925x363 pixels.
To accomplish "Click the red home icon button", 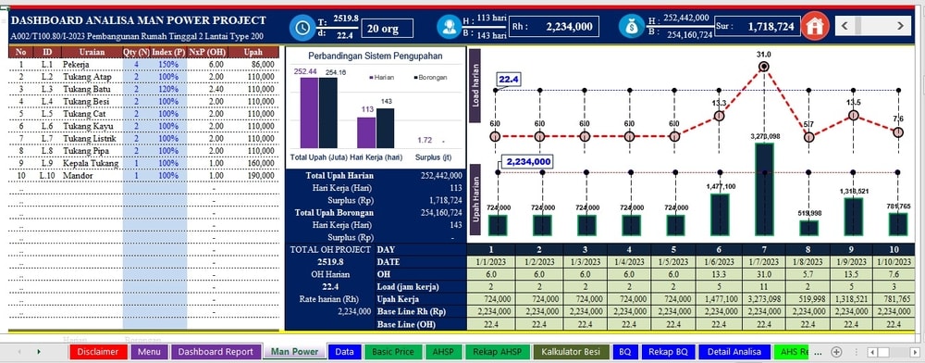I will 815,26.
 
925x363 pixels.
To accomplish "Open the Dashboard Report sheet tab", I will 215,352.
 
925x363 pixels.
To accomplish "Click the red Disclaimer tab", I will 97,352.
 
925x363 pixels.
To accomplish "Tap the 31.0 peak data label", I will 763,55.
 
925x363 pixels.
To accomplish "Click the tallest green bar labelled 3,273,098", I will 763,189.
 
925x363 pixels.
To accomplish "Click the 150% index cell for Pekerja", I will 166,64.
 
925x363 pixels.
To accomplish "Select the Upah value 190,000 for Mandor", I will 261,175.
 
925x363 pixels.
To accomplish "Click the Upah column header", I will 253,52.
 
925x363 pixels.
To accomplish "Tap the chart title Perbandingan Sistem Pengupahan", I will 375,56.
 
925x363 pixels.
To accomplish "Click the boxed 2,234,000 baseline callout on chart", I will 525,161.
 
